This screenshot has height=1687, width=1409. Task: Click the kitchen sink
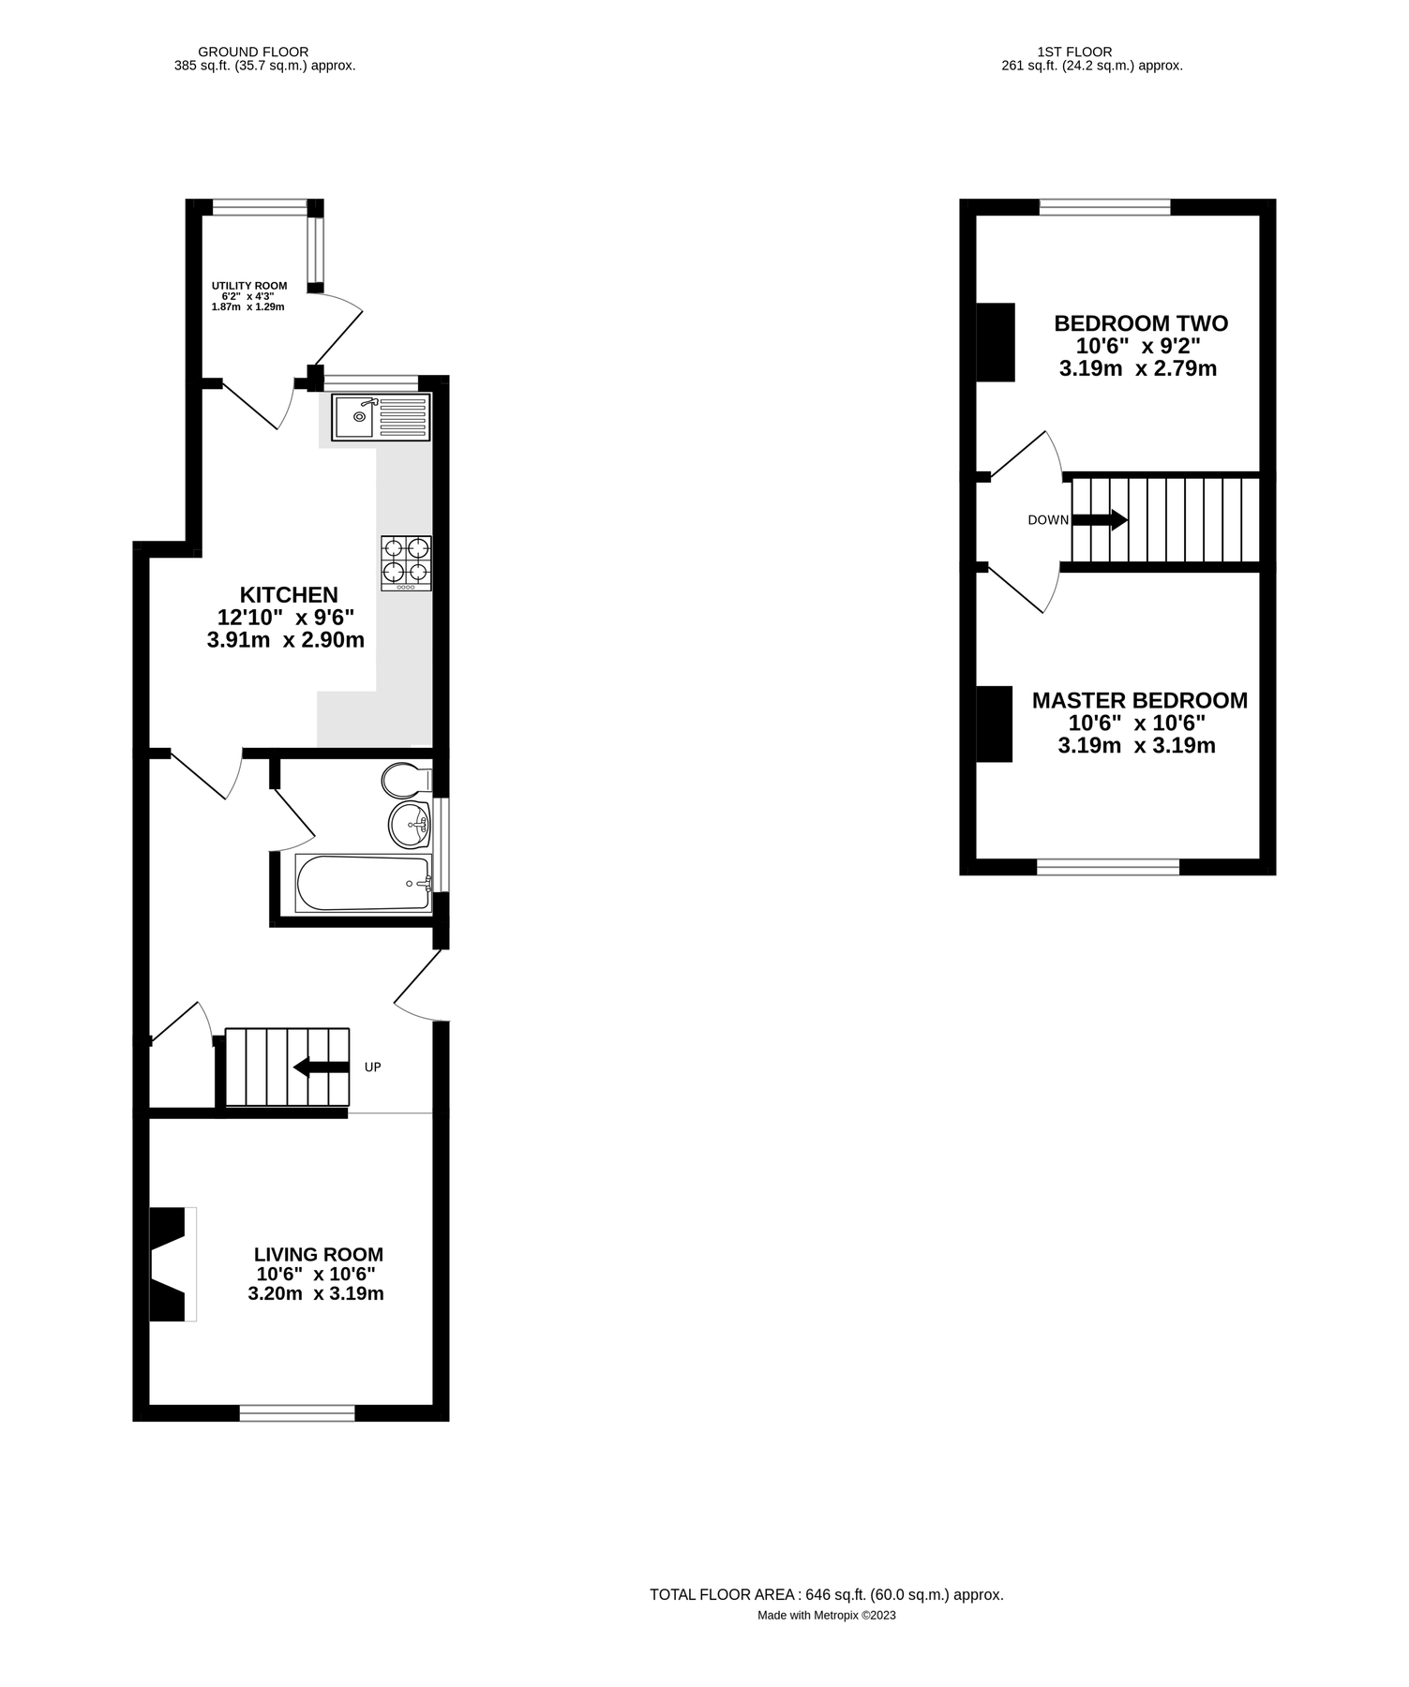coord(381,417)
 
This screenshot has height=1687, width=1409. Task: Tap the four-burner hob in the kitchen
coord(406,562)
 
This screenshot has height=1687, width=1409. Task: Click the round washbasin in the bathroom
coord(409,824)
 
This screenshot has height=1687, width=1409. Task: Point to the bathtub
coord(363,883)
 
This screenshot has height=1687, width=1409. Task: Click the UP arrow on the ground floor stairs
coord(322,1067)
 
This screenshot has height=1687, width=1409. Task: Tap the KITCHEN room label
coord(289,595)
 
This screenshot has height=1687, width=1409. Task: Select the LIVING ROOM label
coord(319,1254)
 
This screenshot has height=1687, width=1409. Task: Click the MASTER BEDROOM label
coord(1139,700)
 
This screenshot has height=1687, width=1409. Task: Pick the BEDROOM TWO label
coord(1140,323)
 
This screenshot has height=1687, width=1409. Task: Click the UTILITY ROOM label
coord(249,286)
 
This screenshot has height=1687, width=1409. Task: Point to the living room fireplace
coord(172,1264)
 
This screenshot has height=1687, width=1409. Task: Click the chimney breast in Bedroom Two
coord(996,342)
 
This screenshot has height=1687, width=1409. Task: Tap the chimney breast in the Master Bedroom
coord(994,724)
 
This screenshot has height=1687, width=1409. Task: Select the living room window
coord(297,1413)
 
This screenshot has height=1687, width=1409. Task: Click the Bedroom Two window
coord(1104,207)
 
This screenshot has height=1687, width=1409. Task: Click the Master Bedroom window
coord(1107,867)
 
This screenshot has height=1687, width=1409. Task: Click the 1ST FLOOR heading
coord(1074,52)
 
